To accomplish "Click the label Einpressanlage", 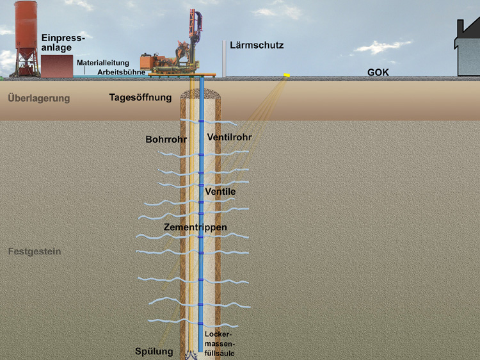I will coord(63,43).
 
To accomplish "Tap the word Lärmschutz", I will coord(257,45).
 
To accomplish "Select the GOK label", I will coord(378,73).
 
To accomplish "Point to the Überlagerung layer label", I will coord(38,99).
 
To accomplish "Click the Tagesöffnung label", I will coord(140,98).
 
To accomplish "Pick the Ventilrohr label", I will coord(228,138).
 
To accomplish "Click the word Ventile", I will coord(221,192).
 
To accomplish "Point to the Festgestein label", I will coord(35,252).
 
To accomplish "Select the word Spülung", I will coord(154,351).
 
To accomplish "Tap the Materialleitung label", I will coord(103,63).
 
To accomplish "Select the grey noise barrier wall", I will coord(224,58).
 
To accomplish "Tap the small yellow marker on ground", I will coord(287,76).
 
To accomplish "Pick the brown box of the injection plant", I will coord(57,66).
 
